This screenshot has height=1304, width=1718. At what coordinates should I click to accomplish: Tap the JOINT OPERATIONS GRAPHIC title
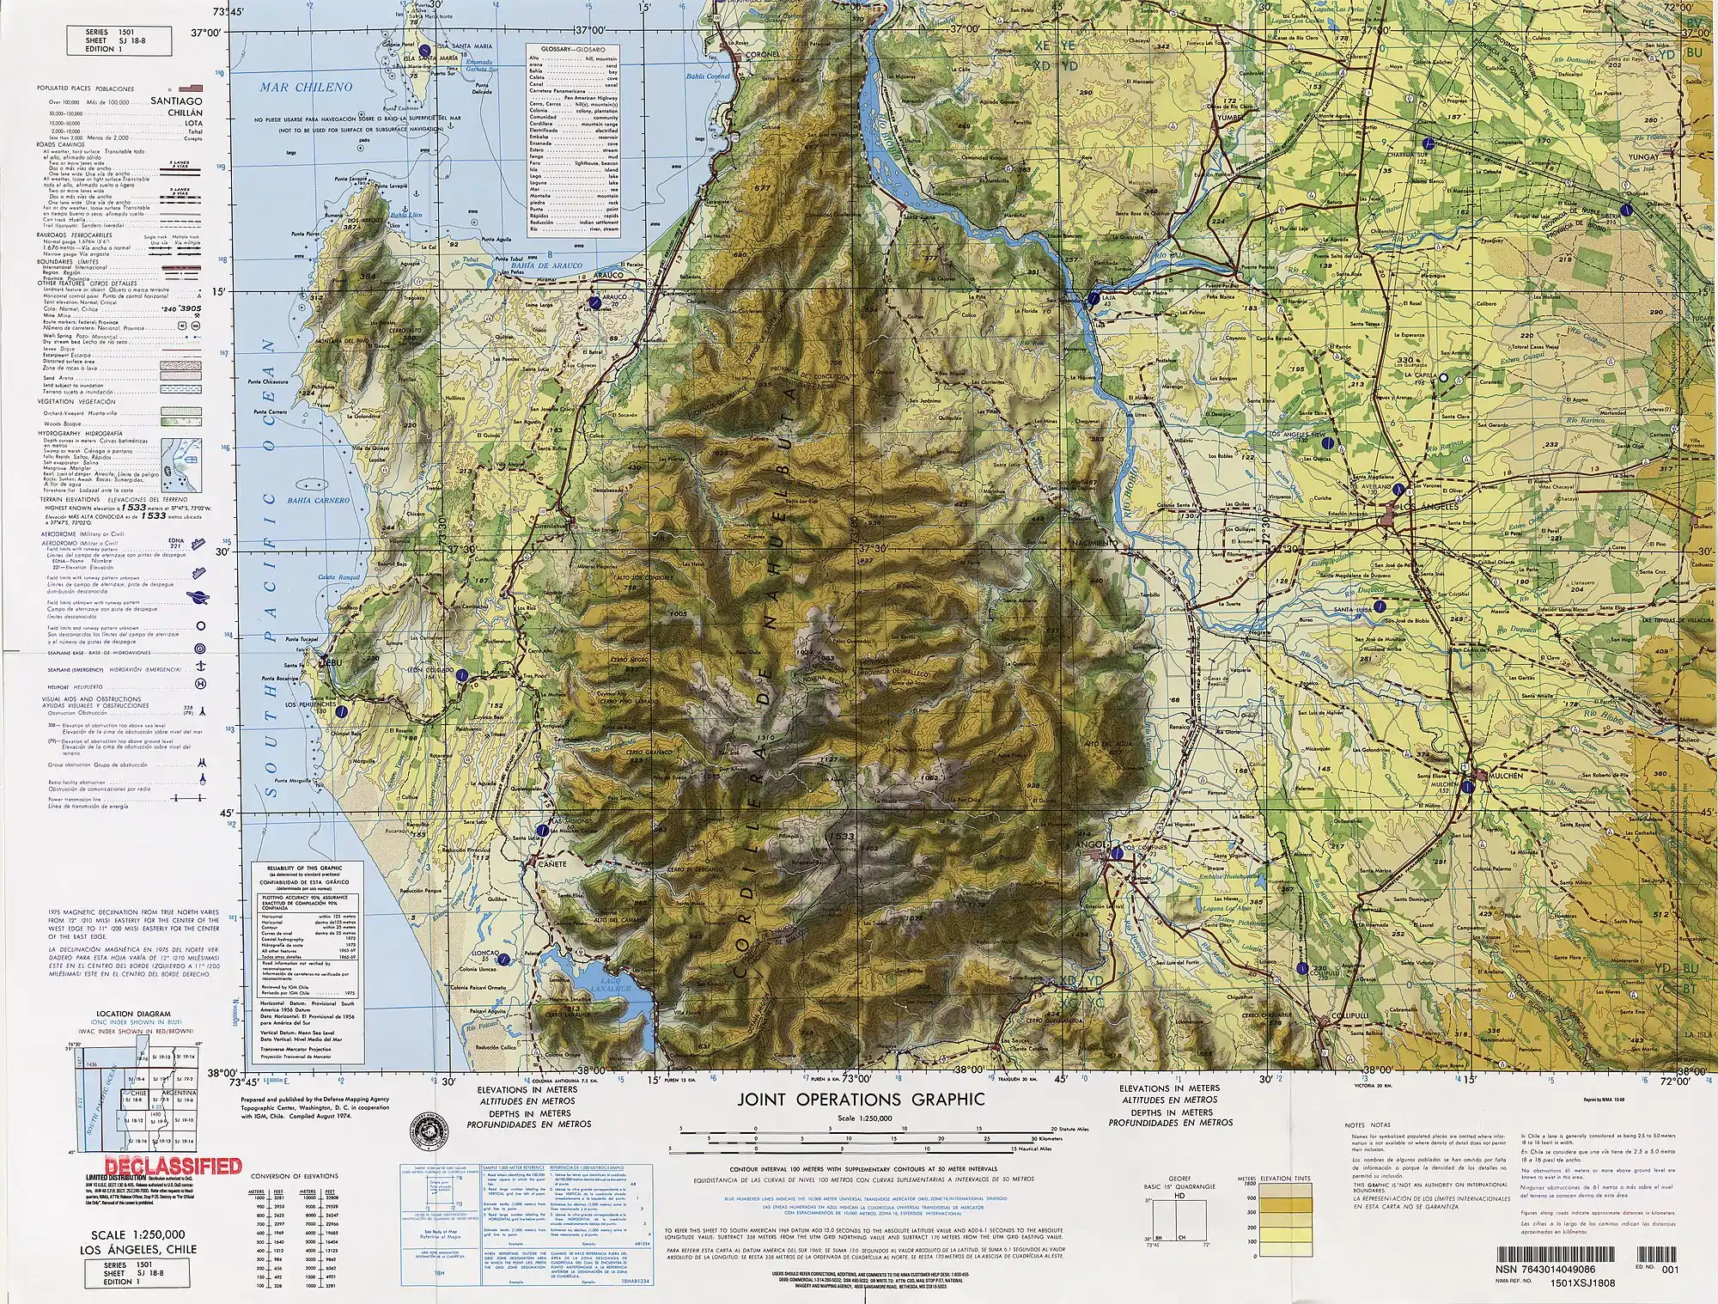860,1100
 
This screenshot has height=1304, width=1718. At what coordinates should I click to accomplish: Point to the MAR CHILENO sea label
307,87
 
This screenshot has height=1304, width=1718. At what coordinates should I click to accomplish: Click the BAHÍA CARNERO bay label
318,501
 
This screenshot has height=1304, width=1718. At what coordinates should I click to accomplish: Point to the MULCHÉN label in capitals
1503,776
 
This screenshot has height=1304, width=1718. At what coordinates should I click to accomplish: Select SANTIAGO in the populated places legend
176,101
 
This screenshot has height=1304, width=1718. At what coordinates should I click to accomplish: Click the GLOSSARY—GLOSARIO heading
573,51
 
